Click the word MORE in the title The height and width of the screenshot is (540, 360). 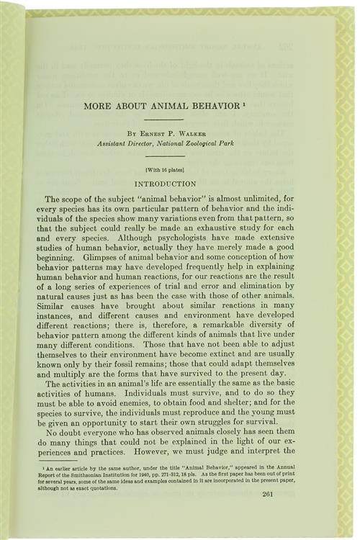pos(97,106)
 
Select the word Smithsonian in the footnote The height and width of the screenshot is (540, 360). pos(106,474)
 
